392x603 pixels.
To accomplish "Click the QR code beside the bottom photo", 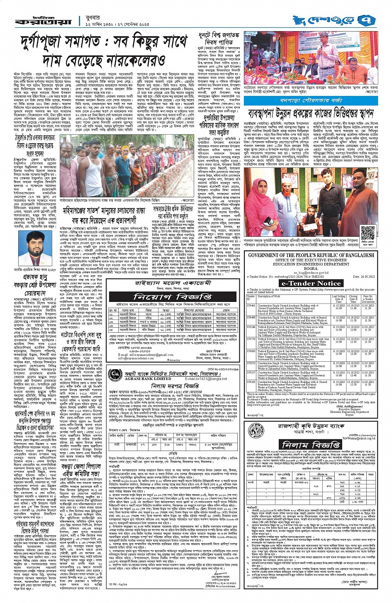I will tap(368, 232).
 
